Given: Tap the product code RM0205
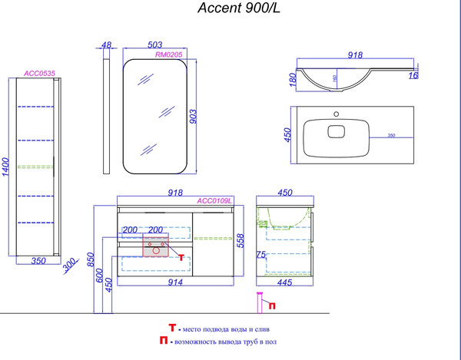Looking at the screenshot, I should coord(167,55).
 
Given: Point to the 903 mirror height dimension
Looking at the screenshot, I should coord(194,116).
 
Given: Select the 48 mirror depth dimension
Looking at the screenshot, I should coord(107,45).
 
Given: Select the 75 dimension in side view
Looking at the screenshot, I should coord(261,254).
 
